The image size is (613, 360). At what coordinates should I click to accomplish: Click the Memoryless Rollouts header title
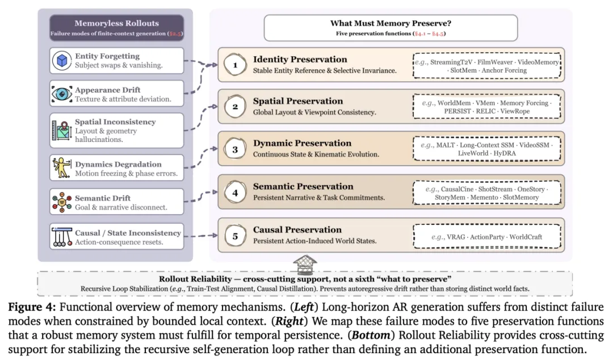(116, 23)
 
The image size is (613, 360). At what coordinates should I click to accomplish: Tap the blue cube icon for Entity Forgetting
(62, 61)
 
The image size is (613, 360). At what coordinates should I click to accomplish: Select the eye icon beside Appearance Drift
(62, 94)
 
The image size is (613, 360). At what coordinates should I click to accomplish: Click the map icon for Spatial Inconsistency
(61, 131)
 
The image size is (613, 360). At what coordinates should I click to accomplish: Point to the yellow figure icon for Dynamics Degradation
(62, 168)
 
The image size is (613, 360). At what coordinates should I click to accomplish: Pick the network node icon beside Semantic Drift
(62, 202)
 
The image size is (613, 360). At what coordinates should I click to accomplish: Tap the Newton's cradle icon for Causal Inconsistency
(62, 236)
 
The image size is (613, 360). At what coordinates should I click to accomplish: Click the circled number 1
(235, 65)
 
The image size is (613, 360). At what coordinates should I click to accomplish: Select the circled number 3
(235, 149)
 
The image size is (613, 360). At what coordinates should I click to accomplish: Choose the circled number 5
(235, 236)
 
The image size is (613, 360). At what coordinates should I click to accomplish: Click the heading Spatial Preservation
(298, 101)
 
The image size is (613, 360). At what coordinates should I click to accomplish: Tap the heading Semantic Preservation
(303, 187)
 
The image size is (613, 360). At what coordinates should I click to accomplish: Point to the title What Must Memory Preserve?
(391, 23)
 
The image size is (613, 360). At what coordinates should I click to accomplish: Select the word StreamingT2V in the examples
(451, 62)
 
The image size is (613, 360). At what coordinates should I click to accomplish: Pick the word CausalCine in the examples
(457, 190)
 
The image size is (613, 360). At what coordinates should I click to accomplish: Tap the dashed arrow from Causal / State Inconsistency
(200, 236)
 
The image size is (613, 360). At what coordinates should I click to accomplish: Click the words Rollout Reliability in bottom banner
(195, 279)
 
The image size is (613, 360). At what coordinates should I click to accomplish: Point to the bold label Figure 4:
(32, 307)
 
